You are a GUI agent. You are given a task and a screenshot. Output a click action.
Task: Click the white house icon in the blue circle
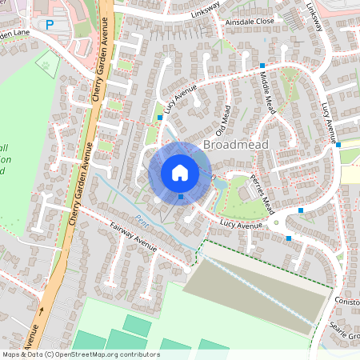pos(180,171)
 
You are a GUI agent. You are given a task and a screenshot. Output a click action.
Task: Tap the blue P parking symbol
pos(50,26)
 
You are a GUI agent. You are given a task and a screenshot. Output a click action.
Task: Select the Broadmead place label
pos(236,145)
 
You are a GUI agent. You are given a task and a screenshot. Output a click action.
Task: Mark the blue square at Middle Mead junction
pos(262,65)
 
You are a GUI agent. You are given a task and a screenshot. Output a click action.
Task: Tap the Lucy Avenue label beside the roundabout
pos(242,226)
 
